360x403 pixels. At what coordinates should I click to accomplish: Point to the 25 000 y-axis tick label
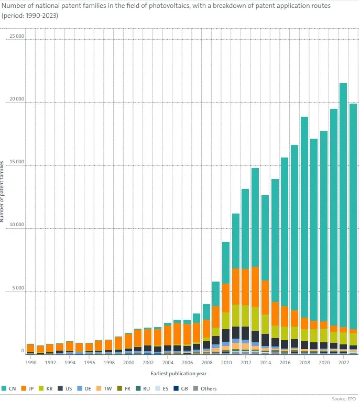(17, 37)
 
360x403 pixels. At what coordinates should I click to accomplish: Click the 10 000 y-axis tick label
(17, 225)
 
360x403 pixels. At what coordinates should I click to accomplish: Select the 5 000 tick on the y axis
(18, 288)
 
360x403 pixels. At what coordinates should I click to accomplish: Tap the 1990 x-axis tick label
(31, 362)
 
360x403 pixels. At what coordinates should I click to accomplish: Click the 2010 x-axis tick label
(226, 362)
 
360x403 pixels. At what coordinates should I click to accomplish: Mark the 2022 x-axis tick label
(343, 362)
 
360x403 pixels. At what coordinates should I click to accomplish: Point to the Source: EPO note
(344, 399)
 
